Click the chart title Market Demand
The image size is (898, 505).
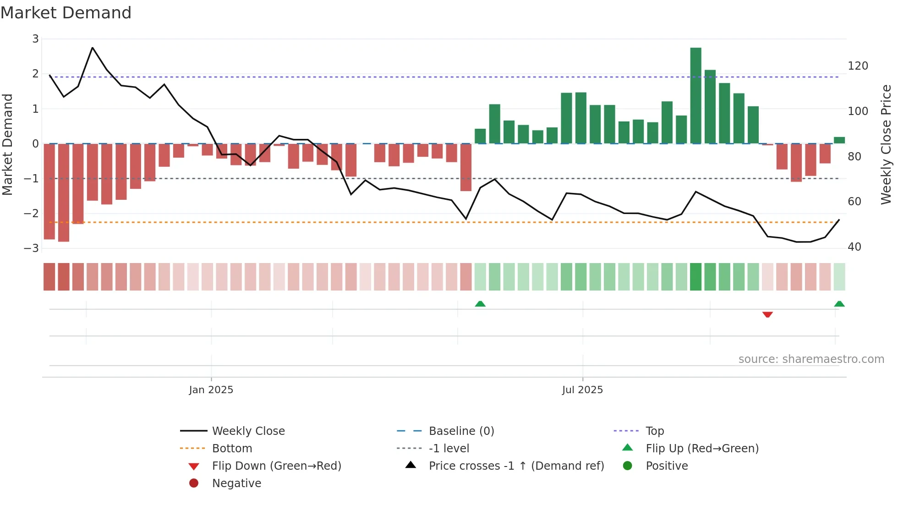[66, 13]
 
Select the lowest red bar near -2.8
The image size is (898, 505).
[64, 192]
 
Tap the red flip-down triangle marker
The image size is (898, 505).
[767, 314]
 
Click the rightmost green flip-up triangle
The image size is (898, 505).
[839, 304]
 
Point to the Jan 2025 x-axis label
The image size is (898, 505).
[211, 390]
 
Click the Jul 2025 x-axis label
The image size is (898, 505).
[582, 390]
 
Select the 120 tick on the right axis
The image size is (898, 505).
[858, 66]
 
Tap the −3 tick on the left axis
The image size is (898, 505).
[32, 248]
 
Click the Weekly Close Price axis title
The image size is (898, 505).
[886, 144]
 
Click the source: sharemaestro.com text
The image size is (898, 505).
[811, 359]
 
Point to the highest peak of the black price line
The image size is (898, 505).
[93, 48]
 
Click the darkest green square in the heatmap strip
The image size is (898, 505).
[695, 277]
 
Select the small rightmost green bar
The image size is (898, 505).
[839, 140]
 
